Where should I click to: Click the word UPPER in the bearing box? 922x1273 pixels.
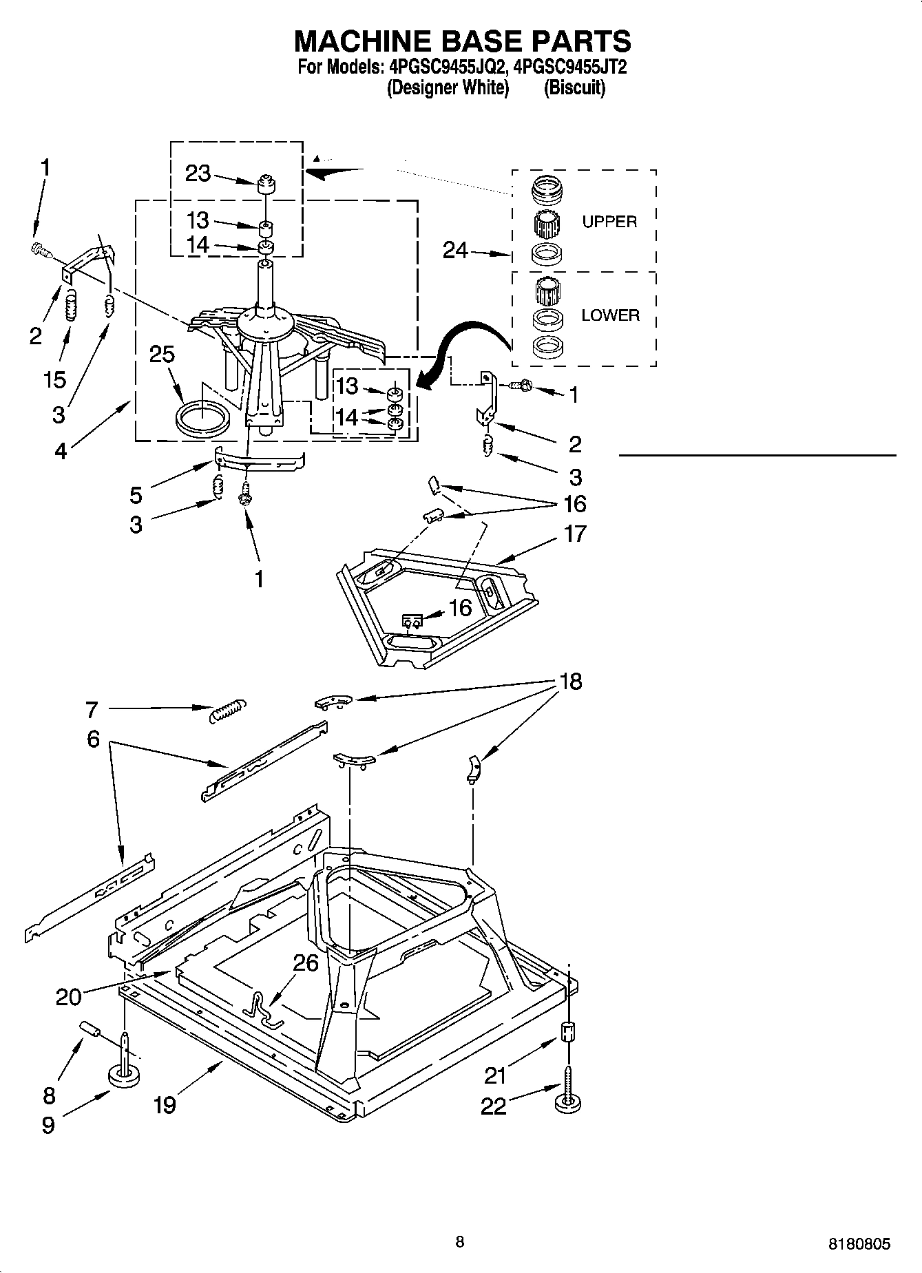[609, 222]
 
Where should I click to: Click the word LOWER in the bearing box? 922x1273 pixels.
[610, 315]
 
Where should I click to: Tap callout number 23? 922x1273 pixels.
[198, 173]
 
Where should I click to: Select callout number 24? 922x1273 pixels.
[455, 251]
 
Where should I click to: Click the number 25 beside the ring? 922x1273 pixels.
[162, 354]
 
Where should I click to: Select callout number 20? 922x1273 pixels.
[68, 996]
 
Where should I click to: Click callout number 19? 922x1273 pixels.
[165, 1105]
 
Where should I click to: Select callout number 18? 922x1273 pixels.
[571, 682]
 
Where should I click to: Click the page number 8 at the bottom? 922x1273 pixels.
[460, 1242]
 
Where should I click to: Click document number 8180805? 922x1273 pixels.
[859, 1244]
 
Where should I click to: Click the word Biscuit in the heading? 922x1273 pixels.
[574, 88]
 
